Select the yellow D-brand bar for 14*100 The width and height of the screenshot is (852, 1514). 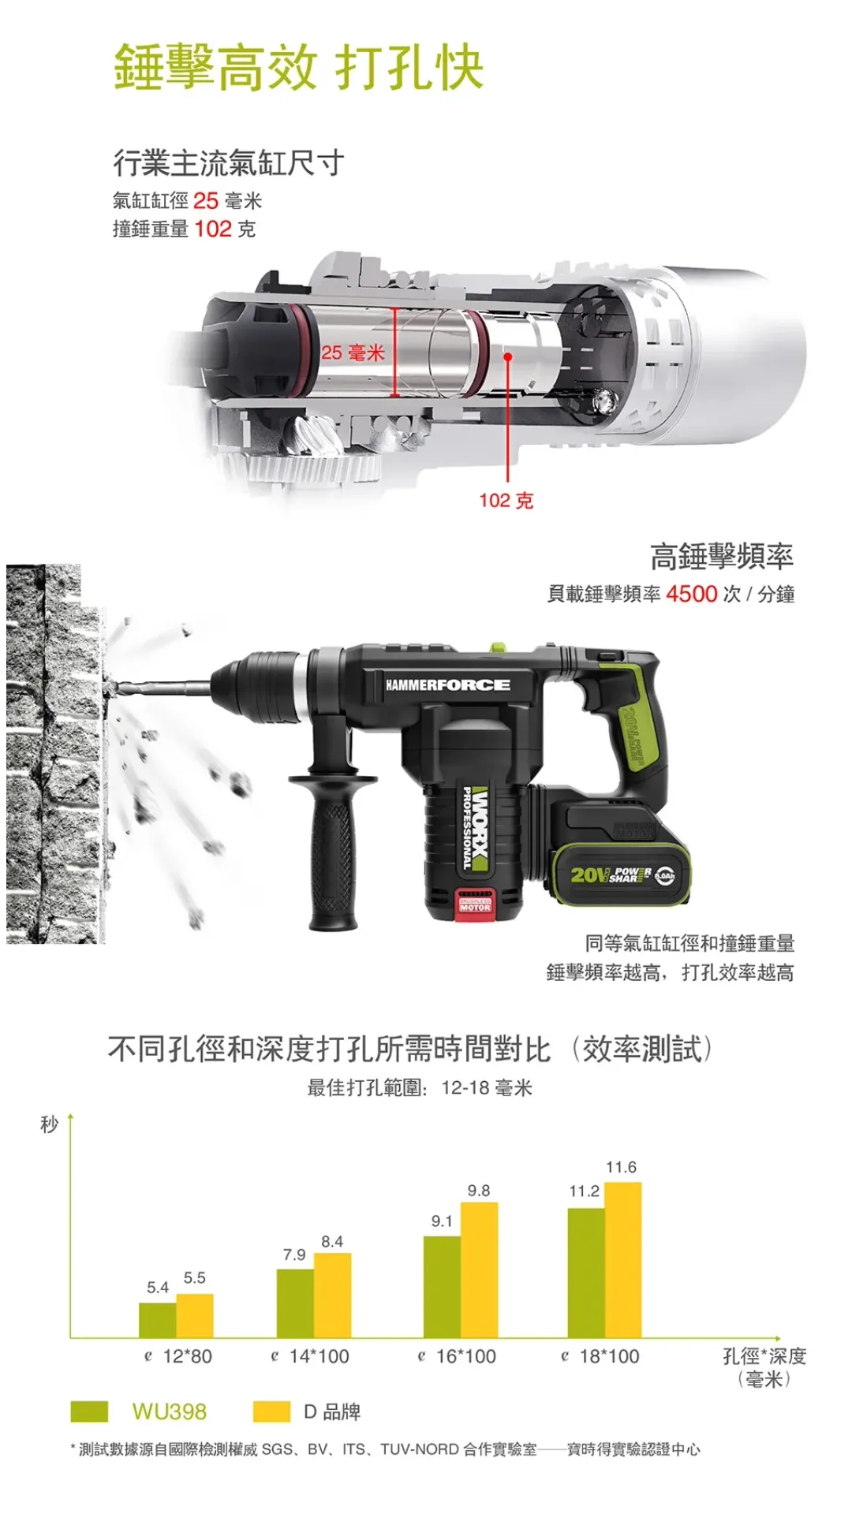point(332,1295)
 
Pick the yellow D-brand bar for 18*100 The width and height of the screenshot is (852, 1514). point(622,1259)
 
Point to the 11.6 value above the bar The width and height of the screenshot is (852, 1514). point(621,1167)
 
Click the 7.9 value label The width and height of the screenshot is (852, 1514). point(294,1255)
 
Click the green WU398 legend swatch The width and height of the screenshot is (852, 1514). point(89,1411)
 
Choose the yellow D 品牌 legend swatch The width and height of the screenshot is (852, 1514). point(271,1411)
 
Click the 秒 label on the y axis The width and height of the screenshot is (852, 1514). point(49,1124)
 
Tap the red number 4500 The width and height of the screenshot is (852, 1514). point(691,594)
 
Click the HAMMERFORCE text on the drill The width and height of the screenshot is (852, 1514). point(447,684)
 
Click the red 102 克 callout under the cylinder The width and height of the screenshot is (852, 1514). point(506,500)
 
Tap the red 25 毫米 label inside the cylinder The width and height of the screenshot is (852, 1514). point(352,352)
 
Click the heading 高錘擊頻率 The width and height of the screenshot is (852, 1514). point(721,556)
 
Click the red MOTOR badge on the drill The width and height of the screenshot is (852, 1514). point(475,907)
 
